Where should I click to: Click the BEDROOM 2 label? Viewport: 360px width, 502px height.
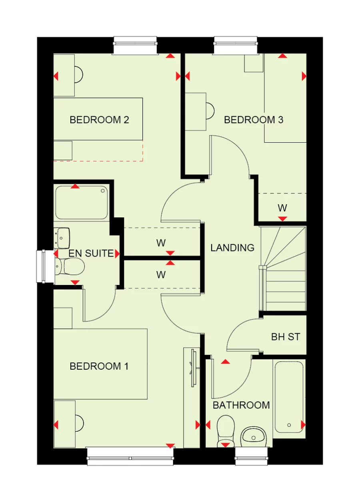(x=99, y=120)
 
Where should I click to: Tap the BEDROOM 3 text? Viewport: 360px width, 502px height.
(x=254, y=120)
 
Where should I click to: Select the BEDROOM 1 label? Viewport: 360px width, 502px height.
(x=99, y=366)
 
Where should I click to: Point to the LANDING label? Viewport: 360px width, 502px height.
(x=232, y=248)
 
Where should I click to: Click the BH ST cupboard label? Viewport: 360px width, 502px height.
(x=285, y=337)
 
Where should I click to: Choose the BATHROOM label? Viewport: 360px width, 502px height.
(x=241, y=405)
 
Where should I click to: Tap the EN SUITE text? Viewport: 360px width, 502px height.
(x=91, y=253)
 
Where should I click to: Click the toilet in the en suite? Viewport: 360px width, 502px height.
(x=70, y=266)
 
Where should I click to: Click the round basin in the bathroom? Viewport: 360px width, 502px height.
(x=254, y=436)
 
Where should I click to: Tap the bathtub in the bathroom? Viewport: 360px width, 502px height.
(x=289, y=397)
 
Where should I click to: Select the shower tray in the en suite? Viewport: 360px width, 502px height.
(x=82, y=203)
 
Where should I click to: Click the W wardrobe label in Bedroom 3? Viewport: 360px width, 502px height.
(x=282, y=208)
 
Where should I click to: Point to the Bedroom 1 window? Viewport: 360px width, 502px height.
(x=131, y=456)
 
